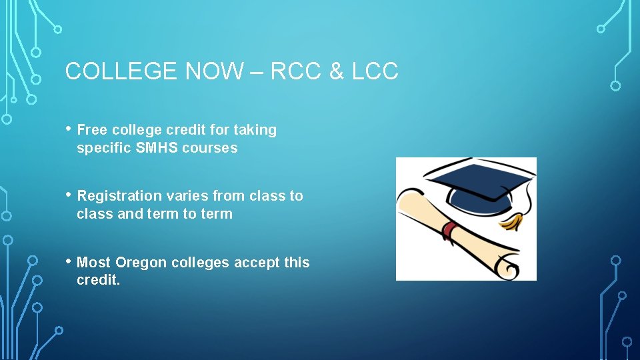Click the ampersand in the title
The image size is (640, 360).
pos(335,71)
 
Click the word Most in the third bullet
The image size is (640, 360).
pos(94,263)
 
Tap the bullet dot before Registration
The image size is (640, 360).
pos(69,194)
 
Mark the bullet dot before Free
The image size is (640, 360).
pos(69,128)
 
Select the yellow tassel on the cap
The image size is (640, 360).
pos(513,221)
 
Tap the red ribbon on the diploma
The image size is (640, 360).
pos(450,231)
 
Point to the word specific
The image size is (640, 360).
pos(104,148)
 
